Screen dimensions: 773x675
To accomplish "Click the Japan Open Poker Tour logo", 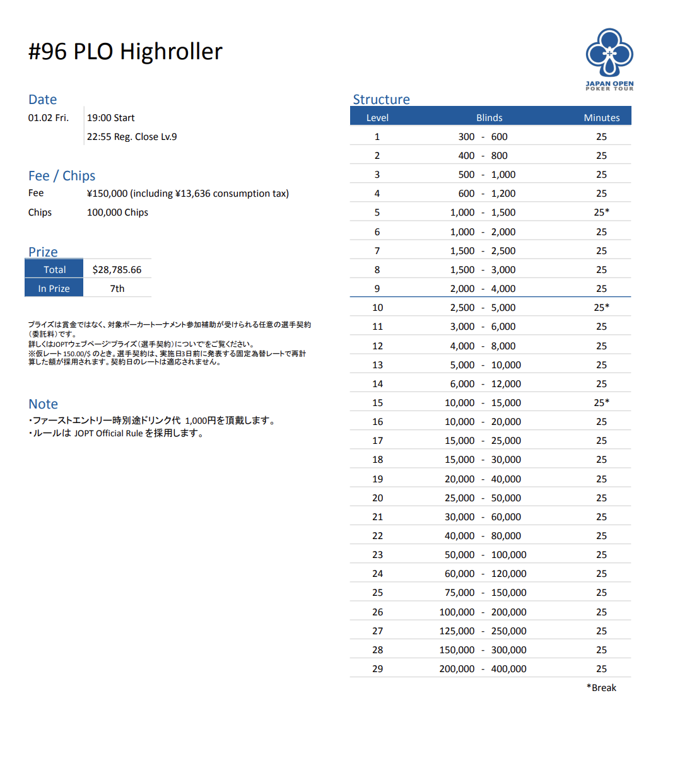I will pyautogui.click(x=609, y=59).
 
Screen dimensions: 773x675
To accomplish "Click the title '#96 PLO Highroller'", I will pyautogui.click(x=125, y=52).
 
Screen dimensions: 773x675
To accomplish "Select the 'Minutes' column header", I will pyautogui.click(x=601, y=118).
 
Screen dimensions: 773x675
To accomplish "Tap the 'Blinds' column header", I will pyautogui.click(x=489, y=118).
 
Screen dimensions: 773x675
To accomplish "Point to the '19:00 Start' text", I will pyautogui.click(x=110, y=118).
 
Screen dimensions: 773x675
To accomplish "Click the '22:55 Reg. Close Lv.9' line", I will pyautogui.click(x=132, y=137).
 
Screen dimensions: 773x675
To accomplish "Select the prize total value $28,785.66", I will pyautogui.click(x=117, y=270).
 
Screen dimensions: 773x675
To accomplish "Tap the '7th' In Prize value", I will pyautogui.click(x=117, y=289).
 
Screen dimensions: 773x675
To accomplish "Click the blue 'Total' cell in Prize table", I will pyautogui.click(x=54, y=270).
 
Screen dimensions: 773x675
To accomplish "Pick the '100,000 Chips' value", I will pyautogui.click(x=117, y=212).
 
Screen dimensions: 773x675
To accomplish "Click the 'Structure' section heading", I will pyautogui.click(x=381, y=100).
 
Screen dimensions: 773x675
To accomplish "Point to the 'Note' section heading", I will pyautogui.click(x=43, y=404).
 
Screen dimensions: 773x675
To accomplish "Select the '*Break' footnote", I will pyautogui.click(x=601, y=688).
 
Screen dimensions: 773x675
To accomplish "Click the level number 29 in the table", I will pyautogui.click(x=377, y=669).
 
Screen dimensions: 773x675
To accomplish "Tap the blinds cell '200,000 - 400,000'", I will pyautogui.click(x=483, y=669).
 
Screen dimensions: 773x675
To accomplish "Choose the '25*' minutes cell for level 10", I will pyautogui.click(x=601, y=308).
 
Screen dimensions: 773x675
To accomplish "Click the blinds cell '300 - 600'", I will pyautogui.click(x=483, y=137).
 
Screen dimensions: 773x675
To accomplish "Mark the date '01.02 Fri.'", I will pyautogui.click(x=48, y=118).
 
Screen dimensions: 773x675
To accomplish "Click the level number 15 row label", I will pyautogui.click(x=377, y=403).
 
